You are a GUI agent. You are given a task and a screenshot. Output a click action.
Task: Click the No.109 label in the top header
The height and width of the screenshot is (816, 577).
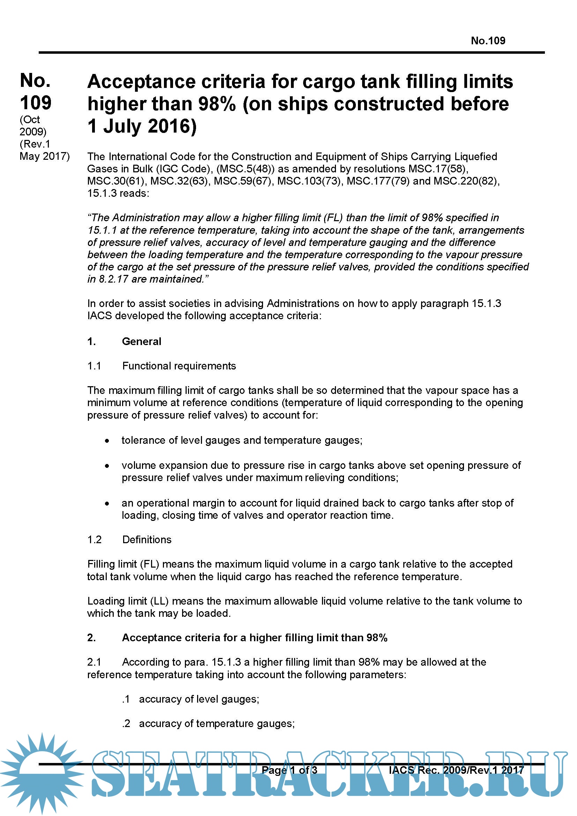pos(487,41)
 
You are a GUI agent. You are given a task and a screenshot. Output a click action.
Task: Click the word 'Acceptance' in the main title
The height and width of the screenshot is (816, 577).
pos(141,82)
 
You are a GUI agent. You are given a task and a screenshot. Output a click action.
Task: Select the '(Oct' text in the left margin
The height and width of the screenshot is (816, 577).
pos(30,119)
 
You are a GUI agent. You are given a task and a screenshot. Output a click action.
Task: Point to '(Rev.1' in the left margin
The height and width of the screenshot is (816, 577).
pos(35,144)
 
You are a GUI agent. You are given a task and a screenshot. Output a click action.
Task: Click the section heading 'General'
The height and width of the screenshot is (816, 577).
pos(141,342)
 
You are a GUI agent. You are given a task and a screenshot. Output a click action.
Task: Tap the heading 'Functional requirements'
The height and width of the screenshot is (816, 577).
pos(179,366)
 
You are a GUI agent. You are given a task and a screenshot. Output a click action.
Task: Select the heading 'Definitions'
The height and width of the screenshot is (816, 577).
pos(147,539)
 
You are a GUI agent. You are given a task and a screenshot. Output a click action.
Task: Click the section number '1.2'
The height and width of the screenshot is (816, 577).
pos(94,539)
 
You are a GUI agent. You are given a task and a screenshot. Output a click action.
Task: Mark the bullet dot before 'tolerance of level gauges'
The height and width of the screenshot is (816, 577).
pos(107,441)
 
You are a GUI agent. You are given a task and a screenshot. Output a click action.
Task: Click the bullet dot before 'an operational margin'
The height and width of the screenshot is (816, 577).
pos(107,504)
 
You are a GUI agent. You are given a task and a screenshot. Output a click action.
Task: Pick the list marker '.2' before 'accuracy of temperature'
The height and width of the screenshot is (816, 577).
pos(126,724)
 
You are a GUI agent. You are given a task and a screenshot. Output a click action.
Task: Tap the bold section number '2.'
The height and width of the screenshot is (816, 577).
pos(91,638)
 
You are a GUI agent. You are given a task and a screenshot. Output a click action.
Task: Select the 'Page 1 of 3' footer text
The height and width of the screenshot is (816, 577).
pos(289,770)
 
